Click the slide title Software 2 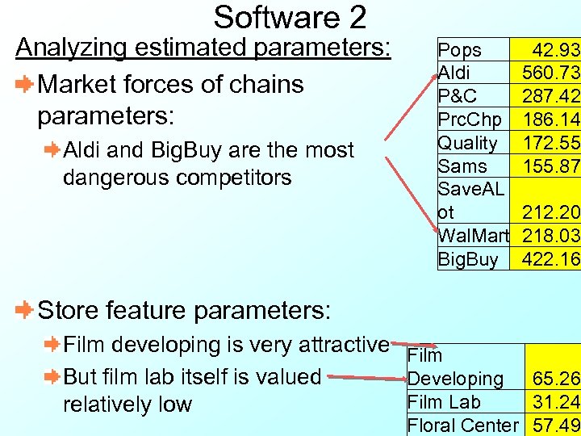290,17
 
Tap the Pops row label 459,50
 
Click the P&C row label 458,97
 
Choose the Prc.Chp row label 469,120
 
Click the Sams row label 462,167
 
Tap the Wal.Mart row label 473,237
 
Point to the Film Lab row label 444,402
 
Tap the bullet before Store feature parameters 25,310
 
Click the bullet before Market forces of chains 25,84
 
